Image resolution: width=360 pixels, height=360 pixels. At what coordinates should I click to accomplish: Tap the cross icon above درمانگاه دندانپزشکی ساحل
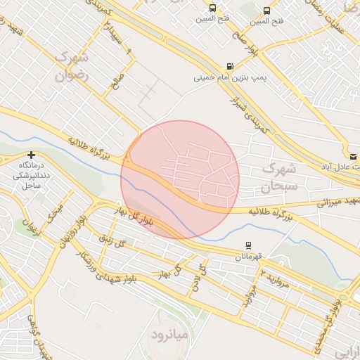31,154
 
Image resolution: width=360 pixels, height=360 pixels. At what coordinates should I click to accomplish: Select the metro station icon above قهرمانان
247,245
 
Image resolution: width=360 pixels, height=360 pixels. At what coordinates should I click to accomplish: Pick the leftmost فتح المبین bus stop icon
213,9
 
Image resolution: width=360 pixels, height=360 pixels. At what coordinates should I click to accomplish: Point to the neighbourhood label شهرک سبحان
280,177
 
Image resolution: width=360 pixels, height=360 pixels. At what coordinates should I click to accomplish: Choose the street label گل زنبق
112,243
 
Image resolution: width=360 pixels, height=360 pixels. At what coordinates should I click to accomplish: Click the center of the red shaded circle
180,179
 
